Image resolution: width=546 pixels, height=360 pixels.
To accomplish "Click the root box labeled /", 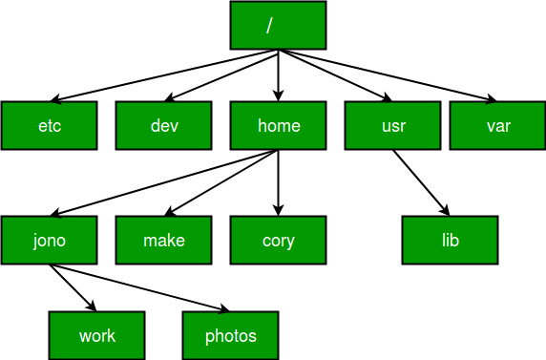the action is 278,25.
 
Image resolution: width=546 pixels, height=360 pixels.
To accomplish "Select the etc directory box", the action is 49,125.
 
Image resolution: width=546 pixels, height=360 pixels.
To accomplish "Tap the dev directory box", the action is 163,125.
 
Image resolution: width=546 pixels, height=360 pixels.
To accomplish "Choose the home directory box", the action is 278,125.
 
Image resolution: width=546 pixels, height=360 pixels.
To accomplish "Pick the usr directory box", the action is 392,125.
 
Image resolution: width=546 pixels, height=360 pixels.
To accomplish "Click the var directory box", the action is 498,125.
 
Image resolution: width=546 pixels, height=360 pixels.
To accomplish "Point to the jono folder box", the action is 49,240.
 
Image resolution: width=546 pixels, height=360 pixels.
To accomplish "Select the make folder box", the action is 163,240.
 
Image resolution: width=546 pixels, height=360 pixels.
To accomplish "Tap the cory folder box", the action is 278,240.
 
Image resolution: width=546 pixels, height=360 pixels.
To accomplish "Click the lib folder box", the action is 450,240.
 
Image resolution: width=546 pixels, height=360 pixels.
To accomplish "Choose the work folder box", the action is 96,335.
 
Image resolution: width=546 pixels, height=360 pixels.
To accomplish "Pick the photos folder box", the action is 230,335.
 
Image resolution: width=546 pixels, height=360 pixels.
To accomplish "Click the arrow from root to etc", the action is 164,75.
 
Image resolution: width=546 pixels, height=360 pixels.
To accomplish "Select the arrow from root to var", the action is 388,75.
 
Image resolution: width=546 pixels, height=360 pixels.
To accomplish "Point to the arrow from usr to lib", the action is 421,183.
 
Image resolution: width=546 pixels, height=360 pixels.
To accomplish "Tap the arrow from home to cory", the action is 278,183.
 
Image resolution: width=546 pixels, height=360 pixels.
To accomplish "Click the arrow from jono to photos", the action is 139,287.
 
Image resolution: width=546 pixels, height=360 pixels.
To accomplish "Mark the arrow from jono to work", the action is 73,287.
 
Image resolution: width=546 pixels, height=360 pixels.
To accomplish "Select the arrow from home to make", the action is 221,183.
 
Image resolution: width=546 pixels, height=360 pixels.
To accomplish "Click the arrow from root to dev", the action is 221,75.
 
